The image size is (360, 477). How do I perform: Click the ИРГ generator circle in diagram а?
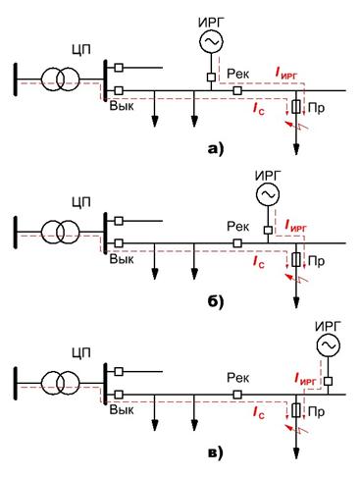(x=211, y=41)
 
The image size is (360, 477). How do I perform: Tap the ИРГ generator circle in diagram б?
(x=268, y=194)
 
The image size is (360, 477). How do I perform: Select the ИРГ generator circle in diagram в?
(x=329, y=344)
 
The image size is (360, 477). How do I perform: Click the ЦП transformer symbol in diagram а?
(x=60, y=79)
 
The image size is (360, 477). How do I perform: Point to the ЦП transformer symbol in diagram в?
(x=60, y=383)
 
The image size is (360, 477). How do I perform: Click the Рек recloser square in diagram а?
(x=237, y=90)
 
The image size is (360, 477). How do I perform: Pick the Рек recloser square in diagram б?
(x=237, y=243)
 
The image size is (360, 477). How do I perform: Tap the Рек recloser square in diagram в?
(x=237, y=395)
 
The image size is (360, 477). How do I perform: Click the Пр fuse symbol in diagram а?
(x=296, y=107)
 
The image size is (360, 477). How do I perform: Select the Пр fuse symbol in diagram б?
(x=296, y=260)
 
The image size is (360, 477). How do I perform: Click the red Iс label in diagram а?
(x=258, y=109)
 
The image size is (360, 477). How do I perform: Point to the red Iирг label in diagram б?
(x=296, y=226)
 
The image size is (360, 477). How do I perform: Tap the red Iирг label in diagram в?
(x=305, y=379)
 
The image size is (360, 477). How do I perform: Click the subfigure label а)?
(x=216, y=149)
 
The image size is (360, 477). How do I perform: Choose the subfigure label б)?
(x=216, y=301)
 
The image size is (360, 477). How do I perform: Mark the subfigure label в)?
(x=216, y=453)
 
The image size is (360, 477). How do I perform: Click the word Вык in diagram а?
(x=122, y=106)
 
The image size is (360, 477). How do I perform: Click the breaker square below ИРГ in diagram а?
(x=211, y=78)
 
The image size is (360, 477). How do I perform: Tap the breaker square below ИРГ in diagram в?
(x=328, y=381)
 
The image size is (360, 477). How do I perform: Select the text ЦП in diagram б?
(x=81, y=202)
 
